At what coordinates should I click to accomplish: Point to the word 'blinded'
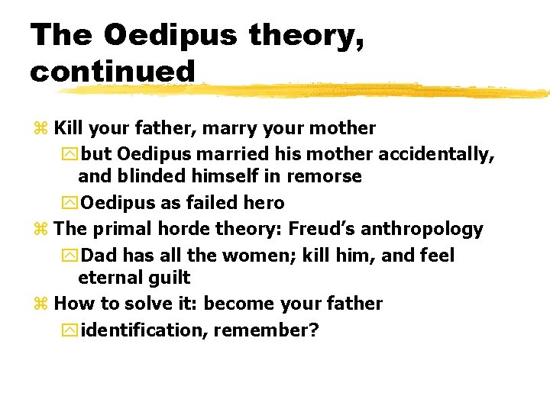tap(147, 176)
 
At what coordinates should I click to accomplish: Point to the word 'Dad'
tap(99, 255)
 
